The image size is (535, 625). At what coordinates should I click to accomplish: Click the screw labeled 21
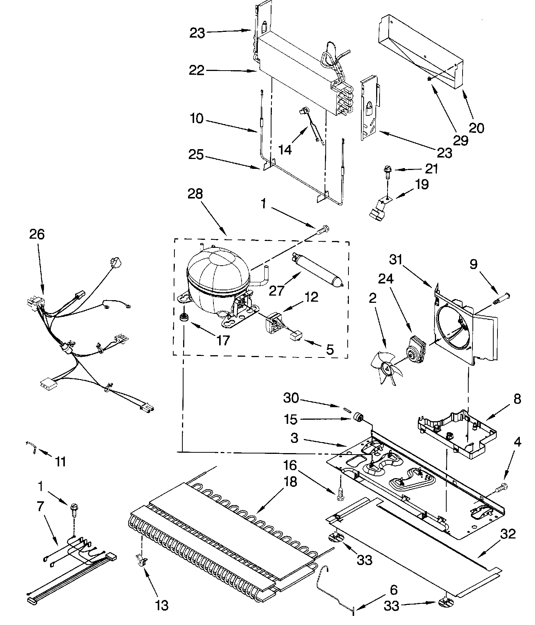pyautogui.click(x=387, y=170)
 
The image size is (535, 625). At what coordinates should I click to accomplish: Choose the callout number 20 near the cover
pyautogui.click(x=476, y=128)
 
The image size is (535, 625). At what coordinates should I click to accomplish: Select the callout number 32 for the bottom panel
pyautogui.click(x=508, y=534)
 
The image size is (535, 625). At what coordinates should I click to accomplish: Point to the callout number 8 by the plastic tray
pyautogui.click(x=516, y=399)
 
